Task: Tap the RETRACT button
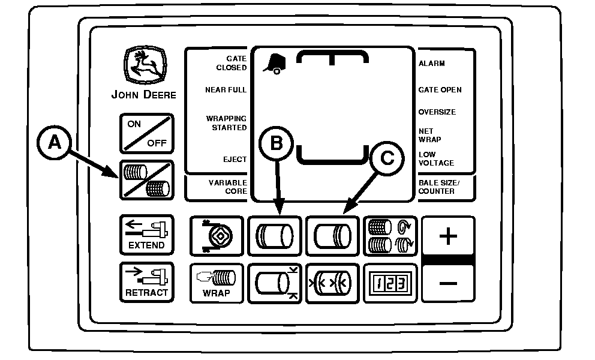pyautogui.click(x=146, y=283)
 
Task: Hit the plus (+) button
pyautogui.click(x=448, y=236)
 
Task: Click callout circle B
pyautogui.click(x=276, y=143)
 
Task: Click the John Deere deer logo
pyautogui.click(x=142, y=64)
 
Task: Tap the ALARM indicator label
pyautogui.click(x=432, y=64)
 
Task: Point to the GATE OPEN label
pyautogui.click(x=440, y=90)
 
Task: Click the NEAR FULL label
pyautogui.click(x=226, y=90)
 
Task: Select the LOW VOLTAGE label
pyautogui.click(x=436, y=159)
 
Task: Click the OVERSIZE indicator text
pyautogui.click(x=437, y=112)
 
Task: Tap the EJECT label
pyautogui.click(x=235, y=160)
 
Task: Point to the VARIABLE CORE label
pyautogui.click(x=227, y=187)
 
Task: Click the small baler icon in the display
pyautogui.click(x=274, y=64)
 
